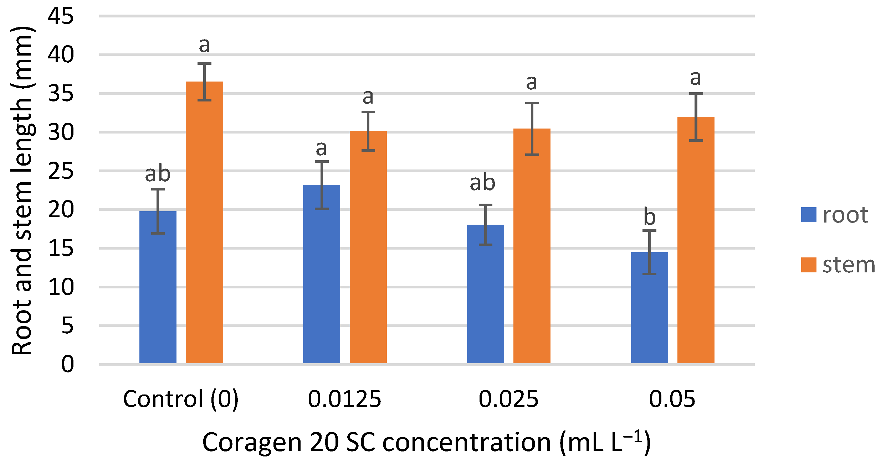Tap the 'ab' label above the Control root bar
(x=158, y=174)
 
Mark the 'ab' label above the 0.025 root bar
(x=482, y=183)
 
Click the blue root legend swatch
(x=809, y=215)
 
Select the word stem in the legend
(x=849, y=265)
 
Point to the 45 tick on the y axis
(x=61, y=16)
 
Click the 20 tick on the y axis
(x=61, y=210)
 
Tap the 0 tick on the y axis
(x=67, y=364)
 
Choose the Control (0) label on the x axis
(x=181, y=399)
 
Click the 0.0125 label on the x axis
(x=344, y=399)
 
